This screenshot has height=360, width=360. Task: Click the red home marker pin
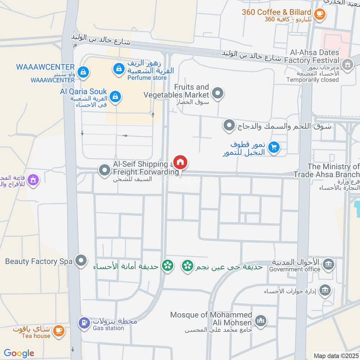tap(180, 162)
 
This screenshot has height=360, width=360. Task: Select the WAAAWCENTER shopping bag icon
tap(83, 72)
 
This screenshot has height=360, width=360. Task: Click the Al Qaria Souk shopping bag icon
tap(116, 96)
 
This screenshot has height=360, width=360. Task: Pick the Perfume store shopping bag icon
tap(118, 68)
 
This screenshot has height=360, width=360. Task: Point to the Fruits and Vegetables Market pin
tap(218, 93)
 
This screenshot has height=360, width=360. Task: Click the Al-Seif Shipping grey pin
tap(104, 170)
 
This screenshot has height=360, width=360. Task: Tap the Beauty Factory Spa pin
tap(81, 260)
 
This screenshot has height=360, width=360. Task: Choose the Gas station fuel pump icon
tap(84, 323)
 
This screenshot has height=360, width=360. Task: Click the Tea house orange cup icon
tap(58, 331)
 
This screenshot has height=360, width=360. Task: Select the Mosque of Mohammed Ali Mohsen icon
tap(260, 321)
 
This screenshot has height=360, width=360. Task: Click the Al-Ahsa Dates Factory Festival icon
tap(347, 65)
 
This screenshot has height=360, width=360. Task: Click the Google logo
tap(19, 353)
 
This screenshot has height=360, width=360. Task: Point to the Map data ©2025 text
tap(335, 356)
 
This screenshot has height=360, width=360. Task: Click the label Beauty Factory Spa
tap(39, 261)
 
